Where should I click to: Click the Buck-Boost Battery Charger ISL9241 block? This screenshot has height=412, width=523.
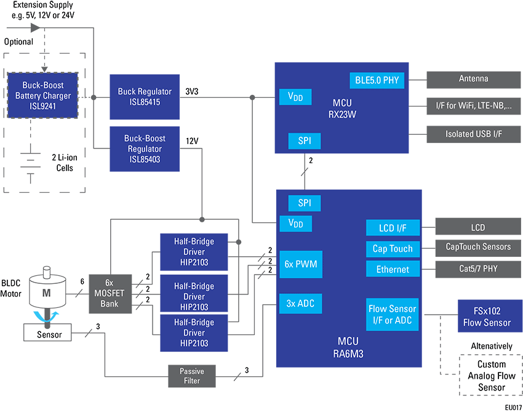[42, 95]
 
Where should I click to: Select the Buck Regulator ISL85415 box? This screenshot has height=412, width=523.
[145, 97]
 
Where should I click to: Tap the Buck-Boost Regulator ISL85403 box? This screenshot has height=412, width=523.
[145, 149]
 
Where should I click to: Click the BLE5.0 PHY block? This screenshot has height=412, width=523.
[377, 81]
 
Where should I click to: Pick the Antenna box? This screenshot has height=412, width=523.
[473, 79]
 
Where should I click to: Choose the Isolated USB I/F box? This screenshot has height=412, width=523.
[473, 134]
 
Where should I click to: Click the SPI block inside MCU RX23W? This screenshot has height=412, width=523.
[305, 141]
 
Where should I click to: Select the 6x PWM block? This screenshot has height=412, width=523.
[301, 264]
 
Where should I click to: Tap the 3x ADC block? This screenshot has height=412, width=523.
[300, 304]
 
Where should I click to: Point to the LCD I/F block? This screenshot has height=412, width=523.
[393, 228]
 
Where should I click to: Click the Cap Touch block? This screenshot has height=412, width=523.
[393, 249]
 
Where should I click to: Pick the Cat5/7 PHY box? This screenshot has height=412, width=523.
[478, 269]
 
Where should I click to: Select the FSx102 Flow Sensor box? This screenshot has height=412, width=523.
[490, 316]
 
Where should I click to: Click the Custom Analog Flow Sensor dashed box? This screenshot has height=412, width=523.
[491, 375]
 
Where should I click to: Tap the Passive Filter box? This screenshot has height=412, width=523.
[192, 376]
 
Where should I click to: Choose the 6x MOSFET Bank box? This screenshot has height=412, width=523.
[110, 294]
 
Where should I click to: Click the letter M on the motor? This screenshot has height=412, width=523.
[46, 293]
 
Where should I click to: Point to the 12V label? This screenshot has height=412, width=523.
[192, 141]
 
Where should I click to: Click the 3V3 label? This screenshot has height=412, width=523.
[192, 92]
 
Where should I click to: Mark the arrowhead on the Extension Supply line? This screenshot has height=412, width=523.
[35, 28]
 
